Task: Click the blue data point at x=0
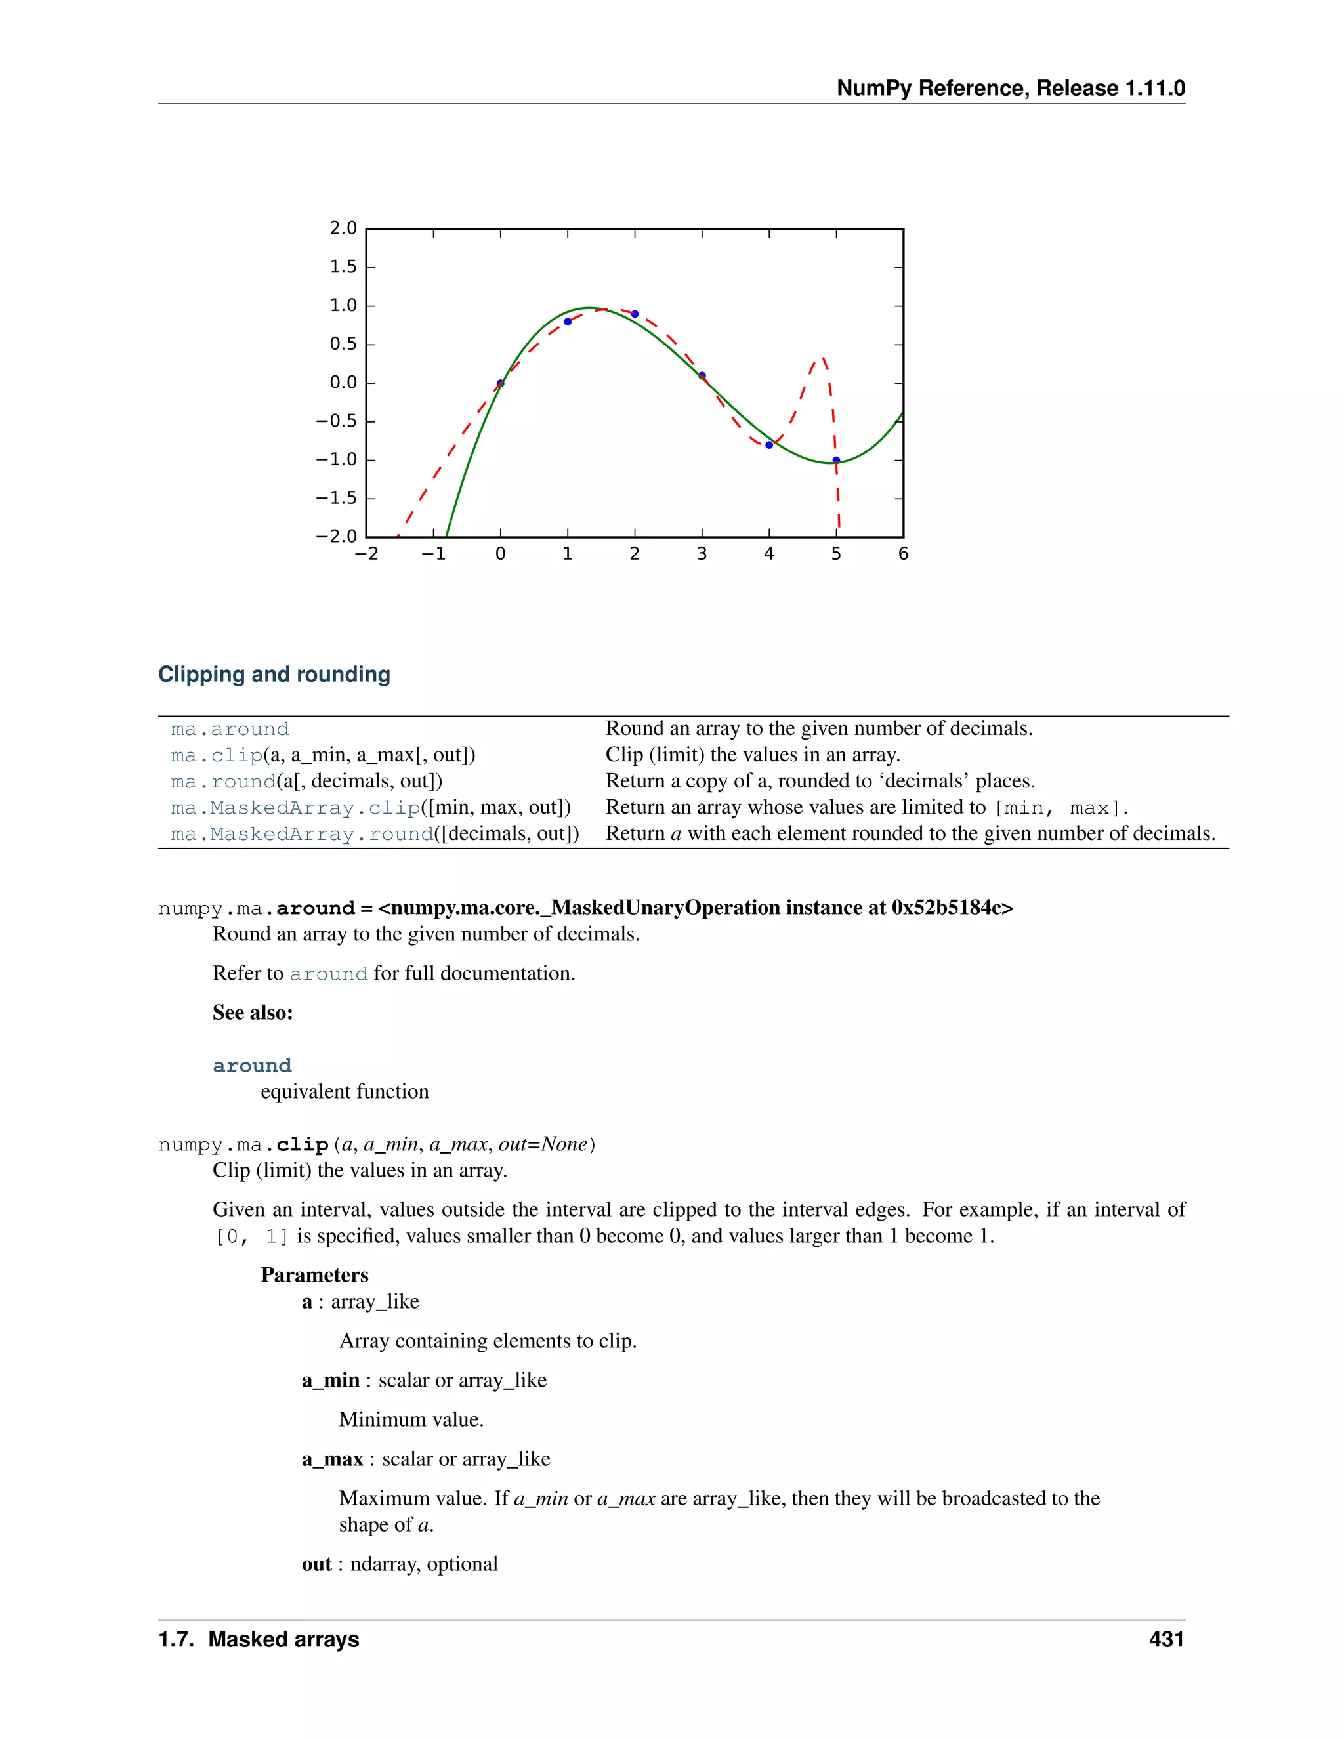pos(500,383)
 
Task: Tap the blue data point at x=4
pos(769,445)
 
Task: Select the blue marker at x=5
pos(836,460)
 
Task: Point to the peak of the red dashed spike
pos(822,358)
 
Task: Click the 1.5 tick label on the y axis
pos(343,266)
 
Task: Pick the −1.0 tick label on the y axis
pos(336,459)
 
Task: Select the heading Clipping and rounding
pos(274,675)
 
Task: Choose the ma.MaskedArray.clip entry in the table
pos(295,808)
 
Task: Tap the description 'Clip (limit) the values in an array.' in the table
pos(753,755)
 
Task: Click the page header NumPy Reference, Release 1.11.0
pos(1011,89)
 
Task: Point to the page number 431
pos(1165,1639)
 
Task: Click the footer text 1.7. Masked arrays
pos(259,1639)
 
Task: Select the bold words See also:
pos(253,1013)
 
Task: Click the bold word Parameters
pos(314,1276)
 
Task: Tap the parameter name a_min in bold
pos(331,1381)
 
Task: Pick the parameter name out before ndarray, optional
pos(316,1564)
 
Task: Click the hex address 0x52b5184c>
pos(952,908)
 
